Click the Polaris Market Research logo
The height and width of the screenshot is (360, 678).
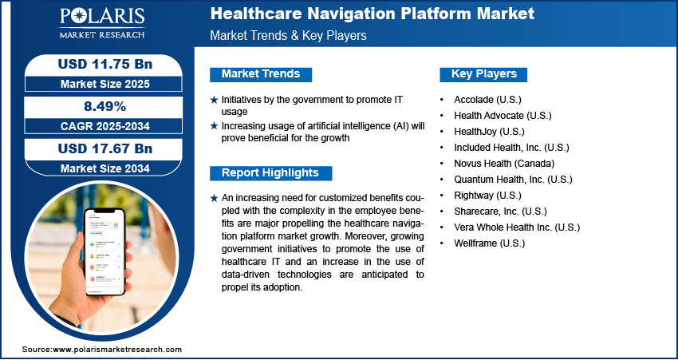[x=102, y=23]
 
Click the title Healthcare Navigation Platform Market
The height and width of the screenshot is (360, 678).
[x=372, y=14]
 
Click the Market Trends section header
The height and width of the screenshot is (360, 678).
[x=261, y=74]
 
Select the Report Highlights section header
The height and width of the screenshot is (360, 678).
[x=270, y=173]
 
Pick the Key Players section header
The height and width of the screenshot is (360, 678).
[x=484, y=74]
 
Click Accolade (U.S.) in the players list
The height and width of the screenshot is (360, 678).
[x=487, y=100]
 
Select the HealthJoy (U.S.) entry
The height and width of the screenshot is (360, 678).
[x=489, y=132]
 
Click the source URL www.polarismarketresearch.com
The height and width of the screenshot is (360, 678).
[x=116, y=350]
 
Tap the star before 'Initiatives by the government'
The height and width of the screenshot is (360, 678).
[x=214, y=100]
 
